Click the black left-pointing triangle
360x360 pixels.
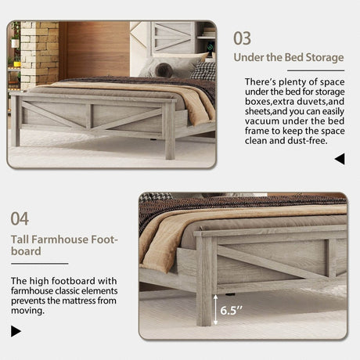click(x=339, y=159)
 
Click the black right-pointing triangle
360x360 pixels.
click(x=16, y=331)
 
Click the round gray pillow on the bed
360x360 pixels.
click(x=163, y=70)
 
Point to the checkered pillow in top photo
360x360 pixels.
click(x=203, y=70)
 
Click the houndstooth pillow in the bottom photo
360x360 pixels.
click(x=155, y=196)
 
